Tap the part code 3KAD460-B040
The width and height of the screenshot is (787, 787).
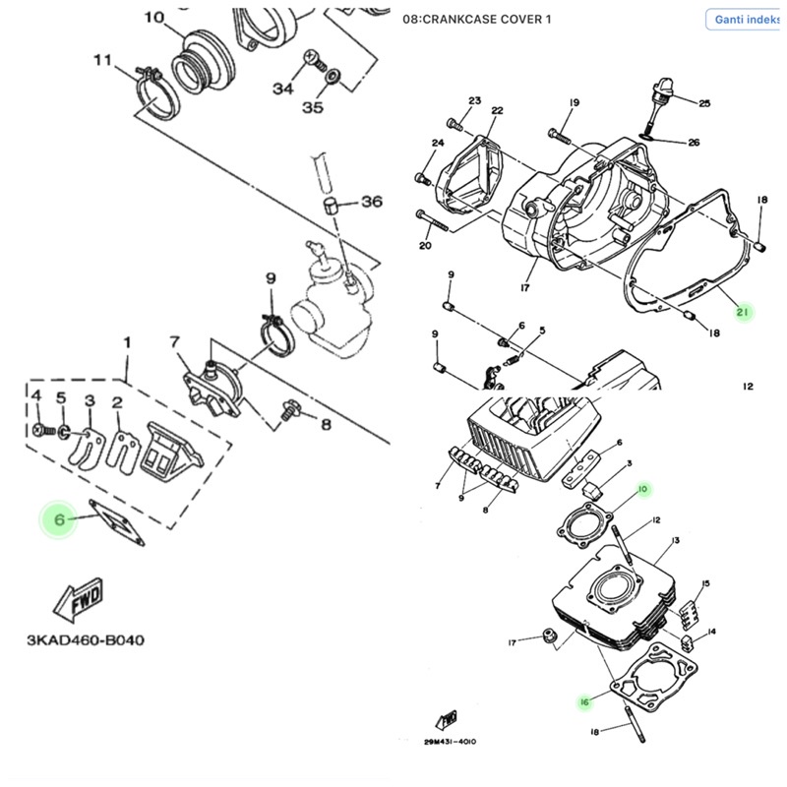click(86, 640)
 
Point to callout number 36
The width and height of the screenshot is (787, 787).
click(371, 202)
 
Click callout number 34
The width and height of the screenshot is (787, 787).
click(283, 89)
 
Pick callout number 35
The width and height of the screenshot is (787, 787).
click(312, 107)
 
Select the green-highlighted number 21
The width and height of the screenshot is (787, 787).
click(743, 313)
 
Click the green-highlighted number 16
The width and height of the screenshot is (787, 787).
click(583, 701)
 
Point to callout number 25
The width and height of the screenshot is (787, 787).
click(703, 103)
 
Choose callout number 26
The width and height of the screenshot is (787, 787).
click(694, 143)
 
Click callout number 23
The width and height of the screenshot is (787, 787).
click(475, 101)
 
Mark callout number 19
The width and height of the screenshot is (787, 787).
click(575, 102)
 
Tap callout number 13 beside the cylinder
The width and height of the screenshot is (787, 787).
click(674, 542)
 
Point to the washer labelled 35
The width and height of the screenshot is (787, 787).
click(333, 75)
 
